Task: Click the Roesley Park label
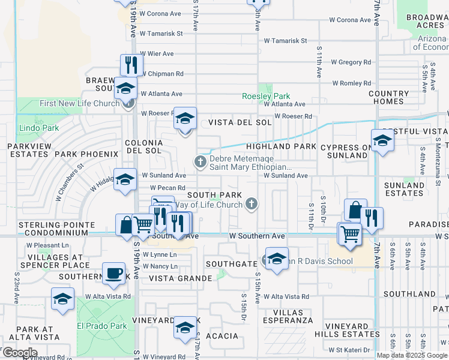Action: click(266, 96)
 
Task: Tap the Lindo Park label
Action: click(38, 128)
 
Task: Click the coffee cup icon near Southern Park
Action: click(113, 274)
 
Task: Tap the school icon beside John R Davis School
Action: click(276, 259)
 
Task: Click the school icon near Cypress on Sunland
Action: click(382, 141)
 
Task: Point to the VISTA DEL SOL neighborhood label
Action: click(240, 122)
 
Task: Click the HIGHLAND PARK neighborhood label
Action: click(281, 146)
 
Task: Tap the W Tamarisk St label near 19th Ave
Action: click(161, 34)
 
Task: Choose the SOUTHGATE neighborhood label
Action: click(231, 264)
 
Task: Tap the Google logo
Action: click(20, 353)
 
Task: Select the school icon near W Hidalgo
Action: click(125, 179)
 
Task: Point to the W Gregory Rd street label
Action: click(351, 62)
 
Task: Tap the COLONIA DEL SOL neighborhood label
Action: click(143, 146)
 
